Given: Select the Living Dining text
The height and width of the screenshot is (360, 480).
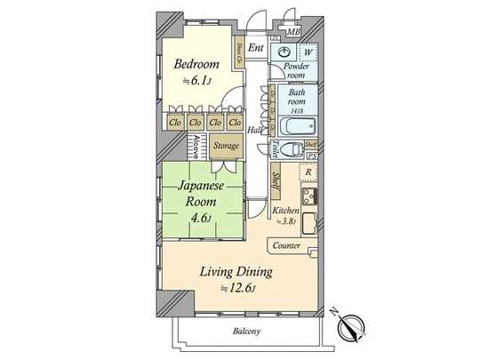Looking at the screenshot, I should click(x=235, y=271).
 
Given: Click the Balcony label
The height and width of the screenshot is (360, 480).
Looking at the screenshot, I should click(x=247, y=332).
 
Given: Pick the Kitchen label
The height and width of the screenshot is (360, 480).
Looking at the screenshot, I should click(x=285, y=210).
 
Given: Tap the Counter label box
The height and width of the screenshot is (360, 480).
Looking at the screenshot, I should click(x=286, y=245).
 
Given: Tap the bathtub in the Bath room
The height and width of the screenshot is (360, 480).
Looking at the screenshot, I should click(x=293, y=124).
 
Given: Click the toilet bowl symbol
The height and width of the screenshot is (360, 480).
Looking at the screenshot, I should click(x=290, y=148).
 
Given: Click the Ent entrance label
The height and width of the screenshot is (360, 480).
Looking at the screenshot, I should click(x=256, y=47).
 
